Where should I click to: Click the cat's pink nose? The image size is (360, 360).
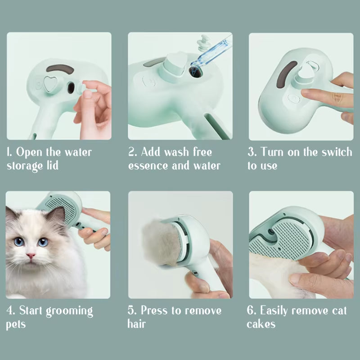pos(31,256)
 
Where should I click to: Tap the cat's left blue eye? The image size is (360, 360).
pos(19,242)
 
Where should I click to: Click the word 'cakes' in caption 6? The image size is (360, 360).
pos(261,324)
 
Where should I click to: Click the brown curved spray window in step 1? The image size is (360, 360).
pos(60,69)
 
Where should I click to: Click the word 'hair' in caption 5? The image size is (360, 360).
pos(137,324)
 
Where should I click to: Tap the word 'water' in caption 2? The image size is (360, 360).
pos(205,166)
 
